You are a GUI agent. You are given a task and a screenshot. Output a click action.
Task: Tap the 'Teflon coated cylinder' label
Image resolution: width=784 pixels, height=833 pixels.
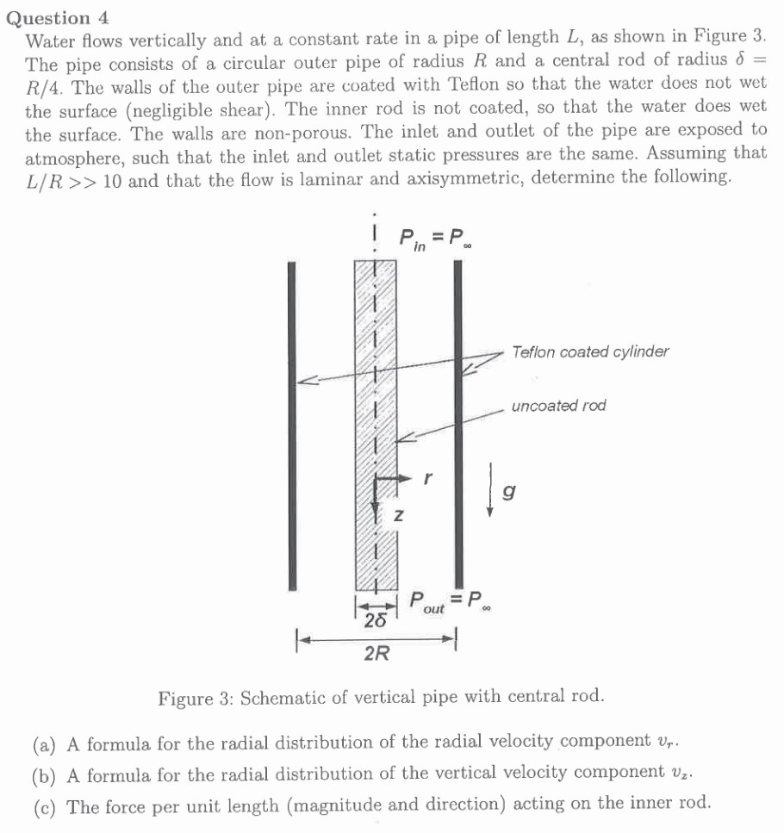coord(589,351)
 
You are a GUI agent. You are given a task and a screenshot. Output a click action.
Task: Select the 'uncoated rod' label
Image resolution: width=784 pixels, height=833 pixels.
coord(558,406)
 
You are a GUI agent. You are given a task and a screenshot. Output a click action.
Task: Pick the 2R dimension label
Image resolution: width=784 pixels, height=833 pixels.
coord(376,656)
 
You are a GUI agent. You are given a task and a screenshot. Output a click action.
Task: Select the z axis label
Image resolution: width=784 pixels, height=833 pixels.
coord(398,517)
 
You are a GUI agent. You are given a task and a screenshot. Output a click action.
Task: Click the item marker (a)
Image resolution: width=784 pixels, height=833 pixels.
coord(45,742)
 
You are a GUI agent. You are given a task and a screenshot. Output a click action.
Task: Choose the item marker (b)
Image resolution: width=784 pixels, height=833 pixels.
coord(45,773)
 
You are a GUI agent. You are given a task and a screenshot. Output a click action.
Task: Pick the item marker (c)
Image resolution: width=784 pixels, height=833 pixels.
coord(45,805)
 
